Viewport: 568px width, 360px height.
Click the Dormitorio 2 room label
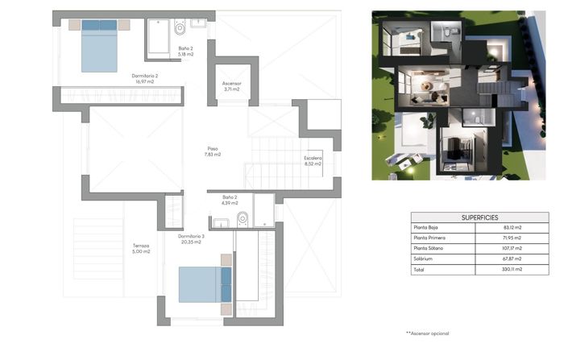pos(144,77)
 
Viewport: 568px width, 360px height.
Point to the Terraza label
pos(142,245)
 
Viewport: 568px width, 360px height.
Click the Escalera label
pos(313,158)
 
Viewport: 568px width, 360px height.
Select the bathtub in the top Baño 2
pos(158,37)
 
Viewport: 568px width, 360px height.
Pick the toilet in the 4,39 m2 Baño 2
pos(243,218)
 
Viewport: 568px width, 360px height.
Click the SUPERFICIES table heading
pos(479,217)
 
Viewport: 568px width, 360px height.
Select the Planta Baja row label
pos(427,228)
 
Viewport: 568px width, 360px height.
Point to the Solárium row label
pos(424,259)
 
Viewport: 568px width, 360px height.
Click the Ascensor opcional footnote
pos(428,333)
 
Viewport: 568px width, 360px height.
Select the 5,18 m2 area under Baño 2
pos(188,53)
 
